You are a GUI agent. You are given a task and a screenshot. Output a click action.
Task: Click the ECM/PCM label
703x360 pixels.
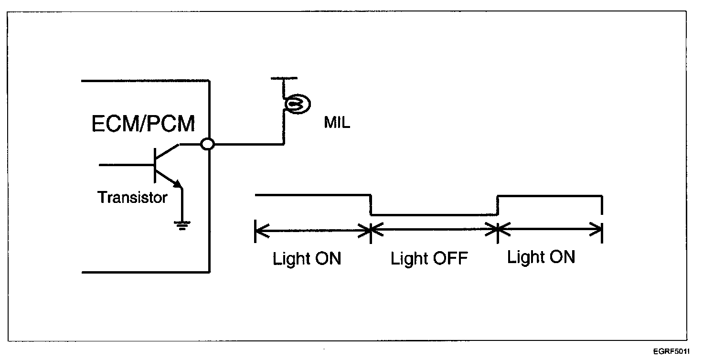[143, 124]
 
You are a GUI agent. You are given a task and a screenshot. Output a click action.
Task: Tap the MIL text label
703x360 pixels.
[337, 123]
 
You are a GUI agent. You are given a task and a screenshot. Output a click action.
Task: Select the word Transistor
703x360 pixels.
[132, 197]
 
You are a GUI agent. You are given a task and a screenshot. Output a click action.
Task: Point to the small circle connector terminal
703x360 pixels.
[207, 144]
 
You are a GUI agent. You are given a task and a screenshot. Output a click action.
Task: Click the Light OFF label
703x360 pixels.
[429, 259]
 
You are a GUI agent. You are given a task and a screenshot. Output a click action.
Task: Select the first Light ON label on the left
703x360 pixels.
[307, 259]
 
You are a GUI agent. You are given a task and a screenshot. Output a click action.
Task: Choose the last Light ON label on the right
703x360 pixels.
[541, 257]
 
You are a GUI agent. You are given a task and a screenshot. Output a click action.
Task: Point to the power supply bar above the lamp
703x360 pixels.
[284, 77]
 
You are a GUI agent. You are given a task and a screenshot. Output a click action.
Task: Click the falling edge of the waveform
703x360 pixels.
[371, 205]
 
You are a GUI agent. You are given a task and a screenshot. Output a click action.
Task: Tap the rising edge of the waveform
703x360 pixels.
[498, 205]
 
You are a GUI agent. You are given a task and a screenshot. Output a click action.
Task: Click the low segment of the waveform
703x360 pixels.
[434, 215]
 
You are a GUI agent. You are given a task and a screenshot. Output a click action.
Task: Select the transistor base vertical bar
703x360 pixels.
[155, 165]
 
